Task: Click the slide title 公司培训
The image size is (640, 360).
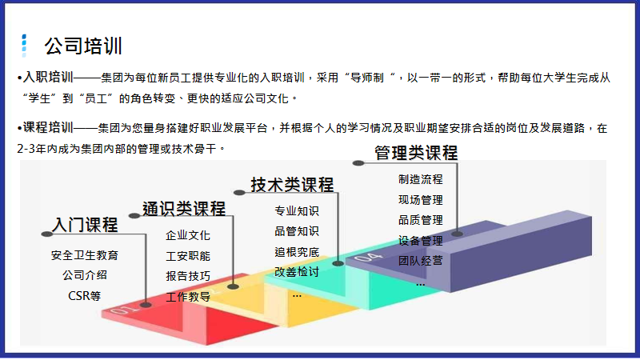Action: (83, 46)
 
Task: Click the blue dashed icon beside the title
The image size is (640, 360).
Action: (25, 45)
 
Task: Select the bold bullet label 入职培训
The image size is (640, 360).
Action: (46, 78)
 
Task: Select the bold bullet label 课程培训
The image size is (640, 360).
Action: (46, 127)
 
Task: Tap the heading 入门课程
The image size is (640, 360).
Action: (85, 224)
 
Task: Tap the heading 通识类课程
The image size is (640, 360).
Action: (184, 209)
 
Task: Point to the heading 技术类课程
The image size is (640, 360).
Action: (292, 185)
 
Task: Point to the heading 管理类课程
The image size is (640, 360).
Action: (416, 152)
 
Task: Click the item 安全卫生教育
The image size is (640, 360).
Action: (84, 255)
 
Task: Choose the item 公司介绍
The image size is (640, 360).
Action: (84, 275)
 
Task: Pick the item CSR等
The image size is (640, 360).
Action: (84, 295)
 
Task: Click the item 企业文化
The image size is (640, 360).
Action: (188, 235)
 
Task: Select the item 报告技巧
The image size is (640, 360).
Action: (188, 276)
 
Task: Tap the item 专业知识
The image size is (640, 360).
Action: (297, 211)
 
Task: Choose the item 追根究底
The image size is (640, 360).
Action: (297, 252)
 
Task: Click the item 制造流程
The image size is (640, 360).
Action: (420, 179)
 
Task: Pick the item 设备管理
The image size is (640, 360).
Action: (420, 240)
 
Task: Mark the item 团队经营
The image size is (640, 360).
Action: (420, 260)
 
